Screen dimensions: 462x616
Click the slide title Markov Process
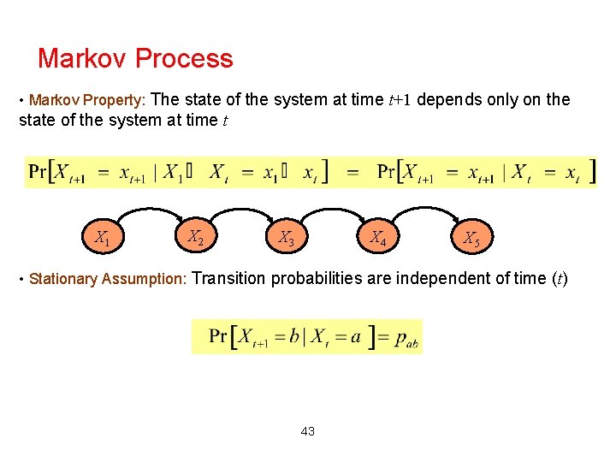click(135, 58)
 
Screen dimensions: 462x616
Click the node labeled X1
click(102, 238)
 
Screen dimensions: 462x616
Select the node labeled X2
click(196, 237)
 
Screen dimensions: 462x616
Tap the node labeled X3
click(287, 238)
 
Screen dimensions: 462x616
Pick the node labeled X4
click(377, 238)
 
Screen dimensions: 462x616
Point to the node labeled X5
click(471, 239)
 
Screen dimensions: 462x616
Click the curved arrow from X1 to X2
click(148, 207)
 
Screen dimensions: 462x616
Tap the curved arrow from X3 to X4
click(332, 207)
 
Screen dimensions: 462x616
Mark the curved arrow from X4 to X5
click(423, 207)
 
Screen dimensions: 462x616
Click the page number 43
click(308, 431)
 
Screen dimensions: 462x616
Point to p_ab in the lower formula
click(406, 337)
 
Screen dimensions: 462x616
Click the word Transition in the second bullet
click(235, 278)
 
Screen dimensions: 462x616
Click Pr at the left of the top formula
click(38, 171)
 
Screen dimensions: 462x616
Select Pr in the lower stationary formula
click(218, 336)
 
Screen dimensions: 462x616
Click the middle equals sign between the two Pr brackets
click(352, 172)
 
